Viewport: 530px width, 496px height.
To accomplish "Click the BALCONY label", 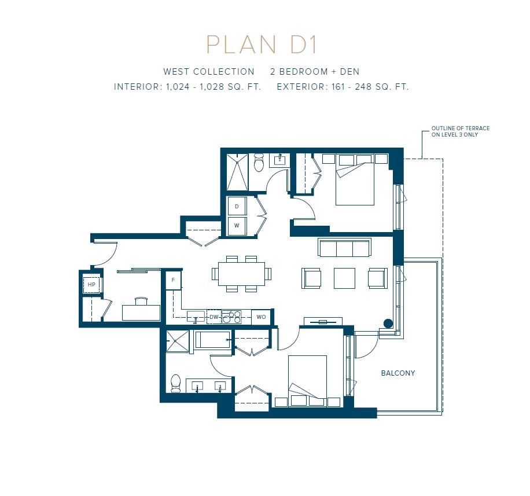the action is (398, 373).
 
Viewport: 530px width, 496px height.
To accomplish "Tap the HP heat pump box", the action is (91, 284).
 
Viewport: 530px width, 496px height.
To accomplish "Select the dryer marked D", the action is (237, 206).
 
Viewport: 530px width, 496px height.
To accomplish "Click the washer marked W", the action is (237, 226).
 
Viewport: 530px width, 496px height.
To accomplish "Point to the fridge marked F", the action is (174, 280).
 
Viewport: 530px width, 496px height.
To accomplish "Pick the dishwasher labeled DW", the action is (214, 317).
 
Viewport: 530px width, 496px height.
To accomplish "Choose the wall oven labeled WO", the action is (261, 317).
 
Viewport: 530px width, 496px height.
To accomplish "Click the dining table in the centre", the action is (242, 274).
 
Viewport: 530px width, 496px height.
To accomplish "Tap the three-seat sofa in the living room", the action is (344, 247).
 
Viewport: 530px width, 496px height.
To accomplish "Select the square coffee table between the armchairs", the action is (344, 278).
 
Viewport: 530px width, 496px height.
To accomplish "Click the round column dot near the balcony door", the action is (388, 324).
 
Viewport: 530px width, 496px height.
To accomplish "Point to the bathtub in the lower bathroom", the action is (212, 340).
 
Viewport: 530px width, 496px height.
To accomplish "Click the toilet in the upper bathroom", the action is (259, 162).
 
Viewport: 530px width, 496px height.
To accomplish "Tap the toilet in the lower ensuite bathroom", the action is (176, 383).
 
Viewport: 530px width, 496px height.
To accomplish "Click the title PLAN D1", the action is (262, 45).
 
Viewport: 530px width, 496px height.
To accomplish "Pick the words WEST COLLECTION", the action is (209, 72).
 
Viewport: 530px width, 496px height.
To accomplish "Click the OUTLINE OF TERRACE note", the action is (461, 131).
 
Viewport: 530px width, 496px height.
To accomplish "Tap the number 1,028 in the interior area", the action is (212, 87).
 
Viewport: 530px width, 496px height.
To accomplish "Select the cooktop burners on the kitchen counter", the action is (232, 317).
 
